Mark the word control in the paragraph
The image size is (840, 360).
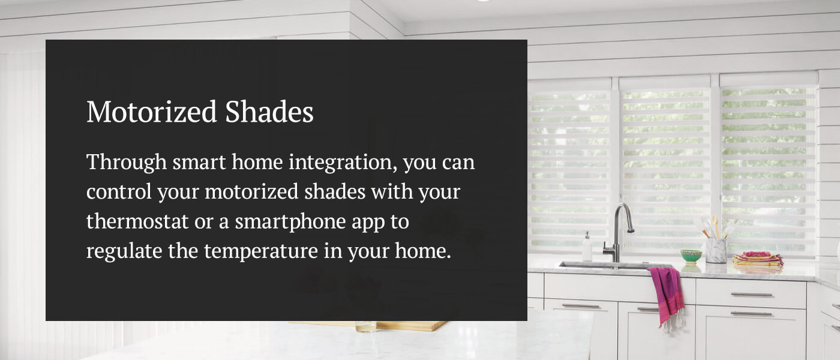(x=119, y=193)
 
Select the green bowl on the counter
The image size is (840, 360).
(x=691, y=256)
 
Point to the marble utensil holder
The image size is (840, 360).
(x=716, y=251)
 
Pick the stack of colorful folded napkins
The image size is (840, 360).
(x=757, y=259)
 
